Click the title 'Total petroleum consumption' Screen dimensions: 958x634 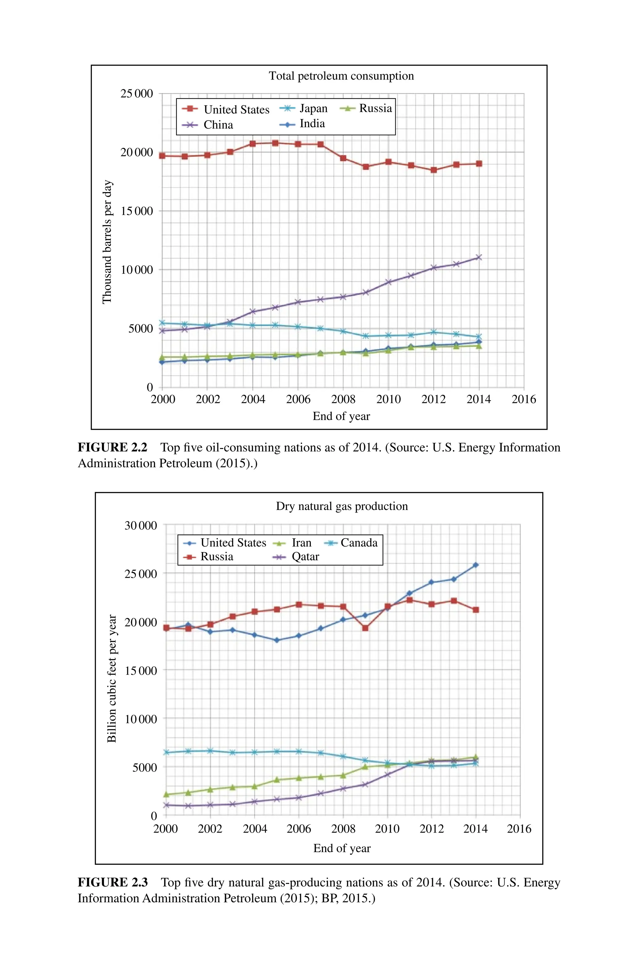click(341, 76)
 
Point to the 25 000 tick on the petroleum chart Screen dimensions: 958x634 click(137, 94)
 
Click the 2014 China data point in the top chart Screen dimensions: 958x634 click(479, 257)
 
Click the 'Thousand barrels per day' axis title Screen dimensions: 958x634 click(107, 242)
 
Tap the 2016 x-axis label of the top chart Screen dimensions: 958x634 click(523, 399)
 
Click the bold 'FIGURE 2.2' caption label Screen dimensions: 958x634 click(112, 447)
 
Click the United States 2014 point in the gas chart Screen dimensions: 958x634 click(475, 565)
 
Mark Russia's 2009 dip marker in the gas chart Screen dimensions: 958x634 click(365, 628)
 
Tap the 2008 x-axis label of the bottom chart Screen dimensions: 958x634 click(343, 828)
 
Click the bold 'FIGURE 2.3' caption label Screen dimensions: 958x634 click(112, 882)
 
